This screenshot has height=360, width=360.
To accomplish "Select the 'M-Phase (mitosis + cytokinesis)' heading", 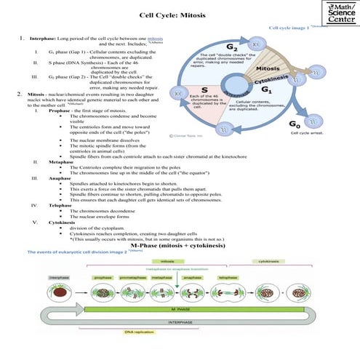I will (178, 247).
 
